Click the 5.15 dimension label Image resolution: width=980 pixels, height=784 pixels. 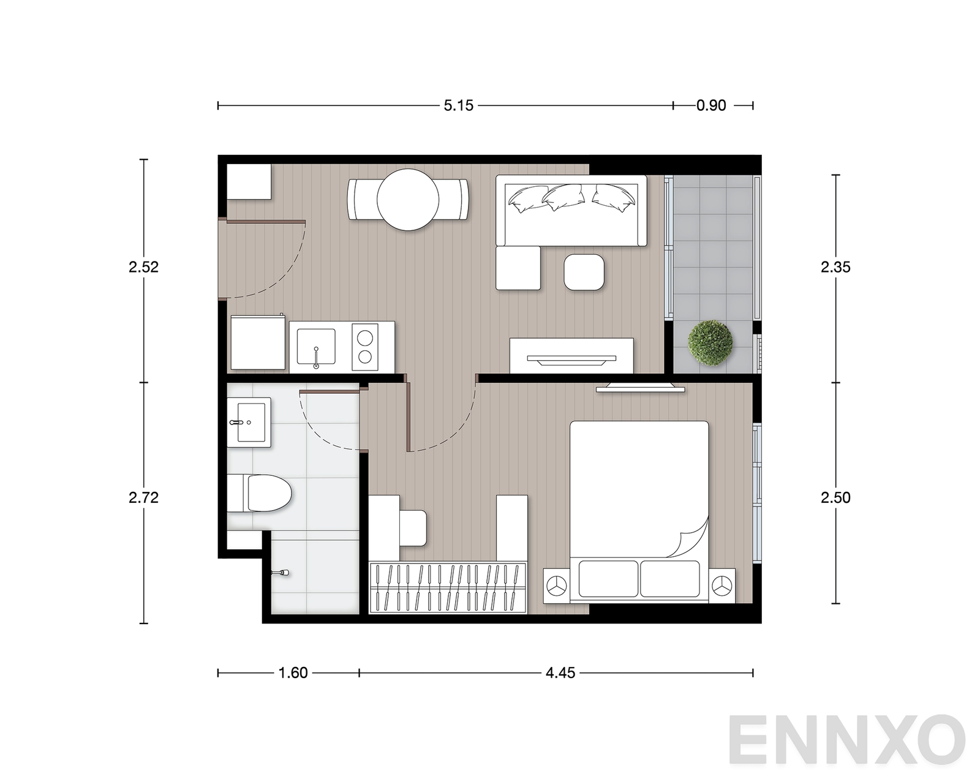click(x=459, y=106)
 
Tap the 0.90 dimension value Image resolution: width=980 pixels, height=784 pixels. click(x=711, y=106)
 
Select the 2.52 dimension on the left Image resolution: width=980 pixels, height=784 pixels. click(x=143, y=267)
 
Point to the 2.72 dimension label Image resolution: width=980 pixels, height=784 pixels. click(x=143, y=497)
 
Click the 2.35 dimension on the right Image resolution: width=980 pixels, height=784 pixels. click(x=835, y=267)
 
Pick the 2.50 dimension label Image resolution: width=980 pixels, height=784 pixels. click(x=835, y=497)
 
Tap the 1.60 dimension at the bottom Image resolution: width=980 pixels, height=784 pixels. click(x=293, y=673)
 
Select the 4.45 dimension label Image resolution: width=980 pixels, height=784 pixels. click(x=560, y=673)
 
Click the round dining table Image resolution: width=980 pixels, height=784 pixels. click(x=408, y=200)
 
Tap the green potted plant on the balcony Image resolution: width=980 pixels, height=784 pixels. click(x=710, y=342)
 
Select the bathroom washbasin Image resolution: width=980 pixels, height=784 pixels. click(x=249, y=422)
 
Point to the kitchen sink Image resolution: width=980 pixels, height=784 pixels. click(x=316, y=347)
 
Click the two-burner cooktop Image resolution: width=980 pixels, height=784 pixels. click(x=365, y=347)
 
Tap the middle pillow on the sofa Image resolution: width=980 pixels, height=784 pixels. click(x=563, y=197)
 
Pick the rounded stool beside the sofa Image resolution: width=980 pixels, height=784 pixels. click(x=584, y=272)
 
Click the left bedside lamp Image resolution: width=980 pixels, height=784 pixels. click(x=556, y=585)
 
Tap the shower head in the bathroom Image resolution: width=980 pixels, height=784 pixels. click(x=281, y=573)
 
